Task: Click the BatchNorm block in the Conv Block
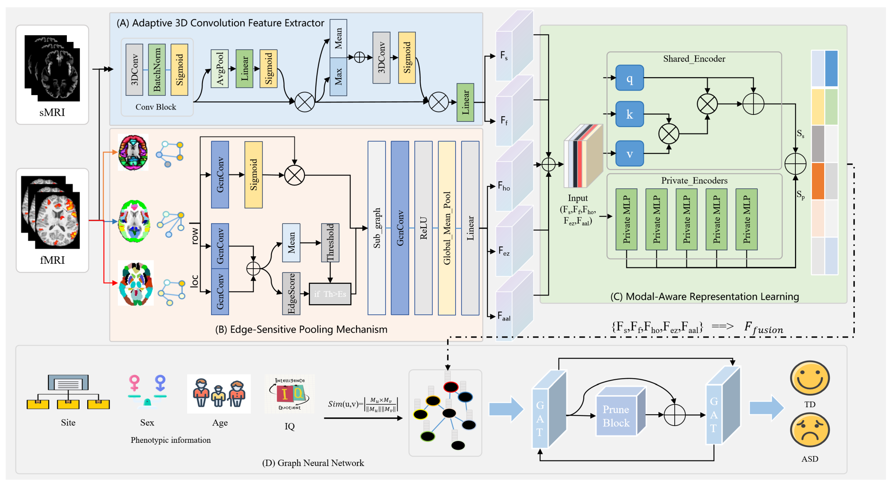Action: (157, 70)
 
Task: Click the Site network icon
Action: (68, 392)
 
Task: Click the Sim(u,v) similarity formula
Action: (363, 404)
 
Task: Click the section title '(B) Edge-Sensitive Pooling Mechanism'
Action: (301, 329)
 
